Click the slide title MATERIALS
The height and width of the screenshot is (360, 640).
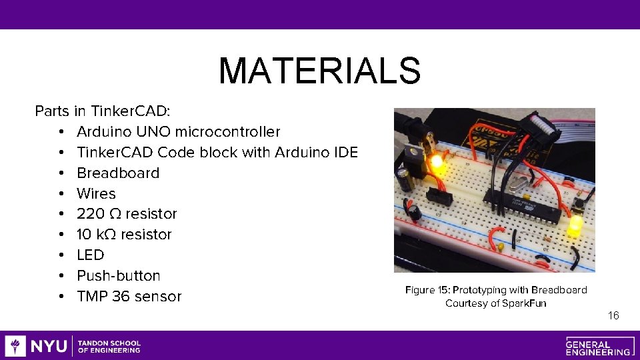[x=319, y=71]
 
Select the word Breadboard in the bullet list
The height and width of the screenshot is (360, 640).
[x=118, y=173]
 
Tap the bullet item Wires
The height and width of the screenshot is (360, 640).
[x=96, y=194]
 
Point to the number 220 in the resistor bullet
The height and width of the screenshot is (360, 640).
[x=91, y=214]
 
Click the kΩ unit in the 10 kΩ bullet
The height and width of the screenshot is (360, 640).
[x=106, y=235]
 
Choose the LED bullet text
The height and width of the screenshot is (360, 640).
[x=91, y=255]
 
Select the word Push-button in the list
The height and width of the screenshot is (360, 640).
[x=119, y=276]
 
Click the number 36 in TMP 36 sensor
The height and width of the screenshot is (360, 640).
[x=121, y=297]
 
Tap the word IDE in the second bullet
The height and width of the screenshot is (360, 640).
[x=345, y=153]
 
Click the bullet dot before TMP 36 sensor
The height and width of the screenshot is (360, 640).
[x=61, y=297]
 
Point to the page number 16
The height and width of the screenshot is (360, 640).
[x=613, y=315]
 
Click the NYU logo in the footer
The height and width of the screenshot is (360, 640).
[x=37, y=346]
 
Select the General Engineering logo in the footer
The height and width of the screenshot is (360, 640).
[x=598, y=346]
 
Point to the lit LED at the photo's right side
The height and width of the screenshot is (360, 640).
[x=575, y=226]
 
